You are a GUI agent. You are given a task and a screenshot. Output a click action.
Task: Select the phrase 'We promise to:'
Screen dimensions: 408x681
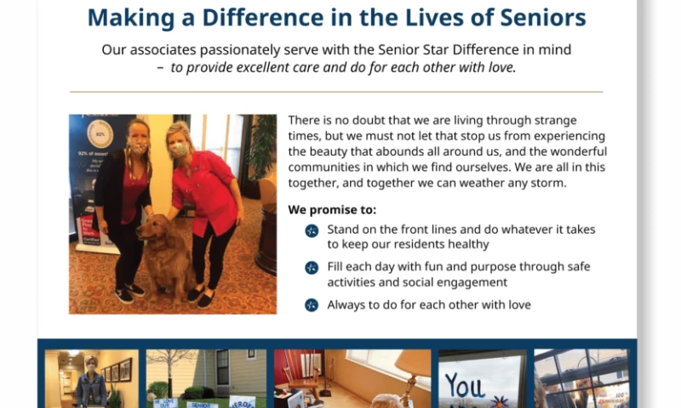click(x=331, y=209)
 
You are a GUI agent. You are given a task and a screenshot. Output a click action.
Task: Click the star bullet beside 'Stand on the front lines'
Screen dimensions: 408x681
click(x=312, y=230)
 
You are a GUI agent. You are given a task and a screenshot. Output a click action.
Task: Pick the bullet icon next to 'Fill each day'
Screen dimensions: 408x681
click(x=312, y=268)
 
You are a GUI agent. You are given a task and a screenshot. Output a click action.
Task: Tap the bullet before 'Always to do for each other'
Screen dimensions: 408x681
click(x=312, y=304)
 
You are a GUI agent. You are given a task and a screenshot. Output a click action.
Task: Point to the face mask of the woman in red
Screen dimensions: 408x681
click(x=177, y=150)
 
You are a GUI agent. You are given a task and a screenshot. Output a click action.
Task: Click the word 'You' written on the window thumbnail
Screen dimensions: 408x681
click(x=465, y=388)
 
